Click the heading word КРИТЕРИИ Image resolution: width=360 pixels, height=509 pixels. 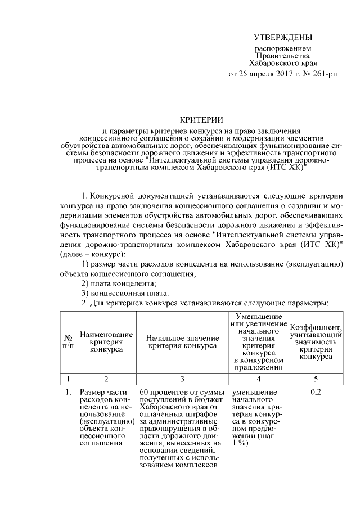coord(201,119)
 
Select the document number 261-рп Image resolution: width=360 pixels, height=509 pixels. coord(319,74)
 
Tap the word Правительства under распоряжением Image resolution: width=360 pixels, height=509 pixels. coord(282,56)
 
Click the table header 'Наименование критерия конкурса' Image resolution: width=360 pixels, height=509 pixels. coord(106,342)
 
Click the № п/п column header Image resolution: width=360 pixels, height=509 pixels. coord(67,342)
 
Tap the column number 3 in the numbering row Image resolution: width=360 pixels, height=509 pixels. coord(182,378)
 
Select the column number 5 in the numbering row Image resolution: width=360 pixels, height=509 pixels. coord(315,378)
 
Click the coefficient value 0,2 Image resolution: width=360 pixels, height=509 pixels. coord(315,392)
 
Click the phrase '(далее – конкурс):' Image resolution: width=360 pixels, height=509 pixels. coord(93,255)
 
